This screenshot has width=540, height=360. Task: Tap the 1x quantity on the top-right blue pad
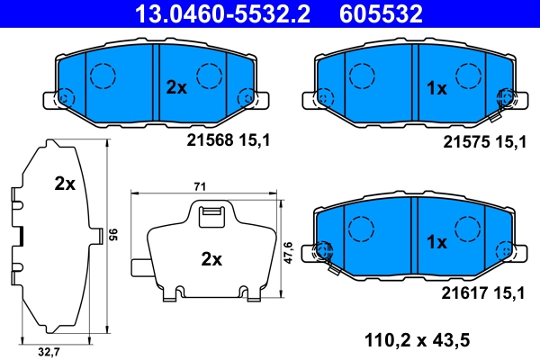point(436,87)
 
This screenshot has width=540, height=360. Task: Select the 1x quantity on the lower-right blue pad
point(436,240)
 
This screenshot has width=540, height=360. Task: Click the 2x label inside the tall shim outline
point(64,184)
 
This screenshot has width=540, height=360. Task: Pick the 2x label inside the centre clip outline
point(211,259)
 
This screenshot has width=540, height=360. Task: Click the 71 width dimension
point(201,185)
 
